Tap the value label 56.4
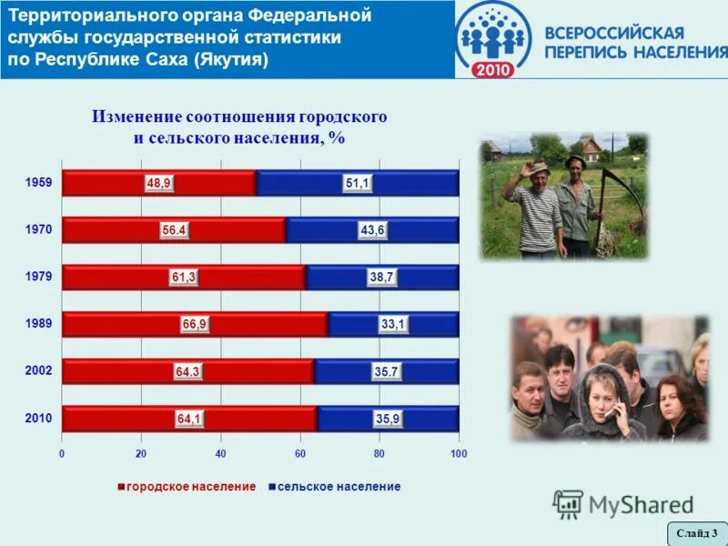coord(174,230)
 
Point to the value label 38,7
coord(381,278)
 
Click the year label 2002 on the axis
coord(39,371)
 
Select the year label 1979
coord(39,277)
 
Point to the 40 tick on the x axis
coord(220,453)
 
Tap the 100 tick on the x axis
coord(458,453)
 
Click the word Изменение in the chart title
coord(136,117)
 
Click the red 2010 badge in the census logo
coord(500,67)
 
